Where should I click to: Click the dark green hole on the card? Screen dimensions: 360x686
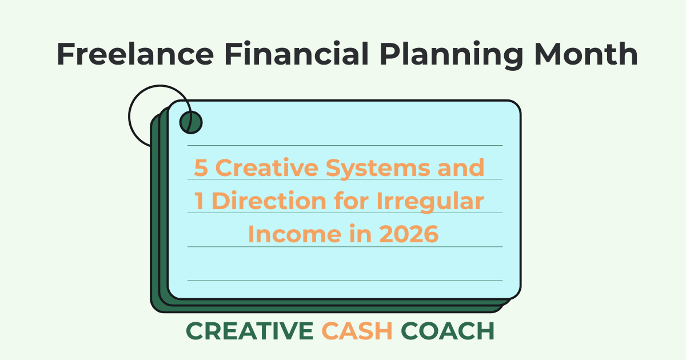190,122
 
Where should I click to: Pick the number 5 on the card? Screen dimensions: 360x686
201,168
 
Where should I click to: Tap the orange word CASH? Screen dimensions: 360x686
357,331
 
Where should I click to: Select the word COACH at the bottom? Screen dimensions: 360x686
448,331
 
